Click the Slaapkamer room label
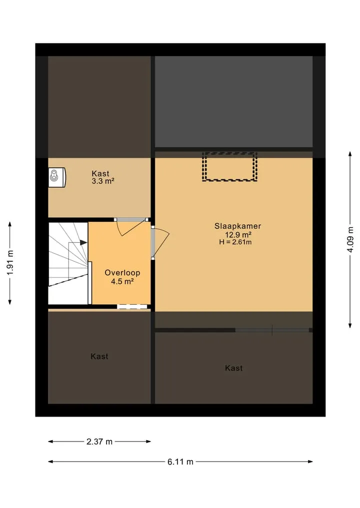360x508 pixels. pyautogui.click(x=237, y=226)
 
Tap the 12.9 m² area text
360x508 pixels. pyautogui.click(x=238, y=235)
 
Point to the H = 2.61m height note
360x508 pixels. pyautogui.click(x=235, y=242)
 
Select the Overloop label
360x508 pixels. pyautogui.click(x=122, y=273)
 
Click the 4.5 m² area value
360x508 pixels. pyautogui.click(x=122, y=281)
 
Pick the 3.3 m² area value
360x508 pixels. pyautogui.click(x=103, y=181)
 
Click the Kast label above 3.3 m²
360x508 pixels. pyautogui.click(x=100, y=173)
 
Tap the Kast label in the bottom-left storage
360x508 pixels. pyautogui.click(x=99, y=356)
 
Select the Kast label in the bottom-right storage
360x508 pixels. pyautogui.click(x=234, y=368)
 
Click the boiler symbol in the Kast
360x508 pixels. pyautogui.click(x=57, y=177)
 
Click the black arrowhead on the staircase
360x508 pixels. pyautogui.click(x=83, y=242)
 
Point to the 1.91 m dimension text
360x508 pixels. pyautogui.click(x=10, y=263)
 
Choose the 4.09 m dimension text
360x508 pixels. pyautogui.click(x=350, y=239)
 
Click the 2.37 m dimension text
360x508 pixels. pyautogui.click(x=99, y=442)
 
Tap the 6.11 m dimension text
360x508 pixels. pyautogui.click(x=180, y=462)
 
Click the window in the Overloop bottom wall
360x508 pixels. pyautogui.click(x=132, y=307)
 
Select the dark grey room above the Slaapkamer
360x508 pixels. pyautogui.click(x=233, y=102)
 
